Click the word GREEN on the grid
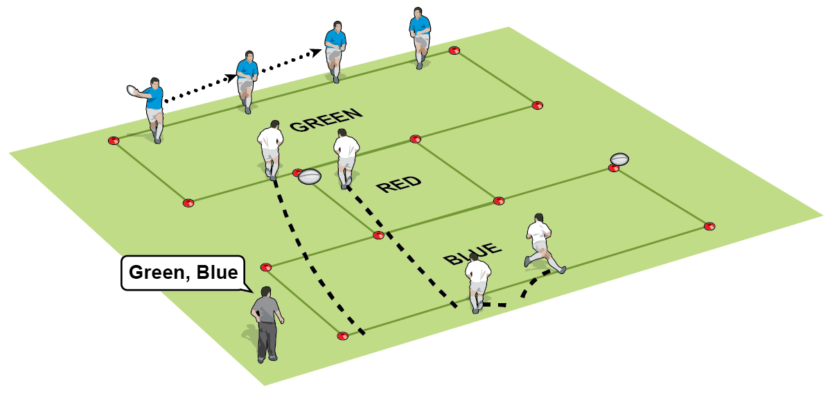[x=326, y=119]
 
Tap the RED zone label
[x=398, y=184]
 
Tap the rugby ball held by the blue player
[x=134, y=89]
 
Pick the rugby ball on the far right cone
[x=619, y=158]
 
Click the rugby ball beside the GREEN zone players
[x=309, y=177]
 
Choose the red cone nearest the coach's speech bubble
[x=266, y=267]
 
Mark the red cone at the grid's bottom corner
[x=342, y=336]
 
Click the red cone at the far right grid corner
[x=709, y=226]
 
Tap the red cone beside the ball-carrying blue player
[x=114, y=140]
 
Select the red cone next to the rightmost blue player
[x=454, y=50]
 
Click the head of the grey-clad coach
[x=266, y=292]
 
